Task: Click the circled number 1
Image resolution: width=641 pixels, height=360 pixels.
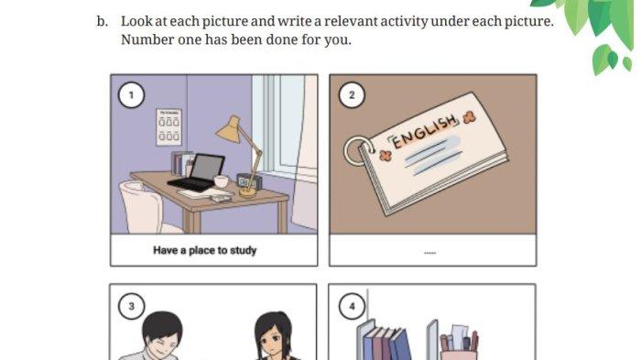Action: [x=131, y=95]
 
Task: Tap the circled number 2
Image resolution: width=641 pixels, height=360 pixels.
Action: [x=352, y=95]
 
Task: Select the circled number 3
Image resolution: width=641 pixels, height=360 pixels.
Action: [x=131, y=306]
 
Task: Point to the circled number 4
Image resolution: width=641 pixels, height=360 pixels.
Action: [x=352, y=306]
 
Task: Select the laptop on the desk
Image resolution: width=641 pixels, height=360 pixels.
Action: [x=197, y=172]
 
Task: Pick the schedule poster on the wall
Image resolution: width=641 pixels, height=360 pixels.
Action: [x=168, y=126]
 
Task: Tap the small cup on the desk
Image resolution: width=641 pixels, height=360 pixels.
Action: [x=222, y=181]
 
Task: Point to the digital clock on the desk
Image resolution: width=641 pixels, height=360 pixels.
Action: [x=248, y=181]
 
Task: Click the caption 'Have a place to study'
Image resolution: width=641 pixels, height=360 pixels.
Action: [x=205, y=250]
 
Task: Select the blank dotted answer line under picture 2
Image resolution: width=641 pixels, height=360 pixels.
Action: [x=430, y=253]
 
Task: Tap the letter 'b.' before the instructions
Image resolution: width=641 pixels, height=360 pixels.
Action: [x=103, y=21]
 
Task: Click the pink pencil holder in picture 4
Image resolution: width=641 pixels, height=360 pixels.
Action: [x=458, y=355]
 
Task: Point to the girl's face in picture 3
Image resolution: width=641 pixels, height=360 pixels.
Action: [x=271, y=343]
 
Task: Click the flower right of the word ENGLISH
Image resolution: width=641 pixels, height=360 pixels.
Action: [x=470, y=118]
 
